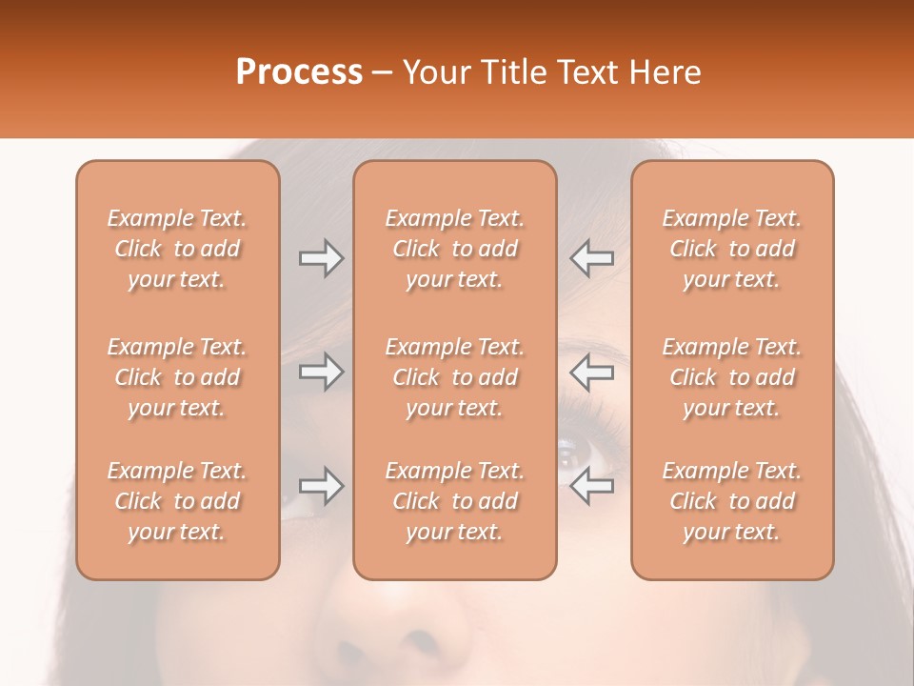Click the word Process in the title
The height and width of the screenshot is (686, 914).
tap(299, 72)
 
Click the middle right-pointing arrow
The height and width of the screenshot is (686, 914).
tap(321, 372)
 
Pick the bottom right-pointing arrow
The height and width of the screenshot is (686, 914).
tap(321, 486)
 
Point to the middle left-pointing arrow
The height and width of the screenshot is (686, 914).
tap(592, 372)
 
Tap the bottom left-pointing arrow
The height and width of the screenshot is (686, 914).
tap(592, 486)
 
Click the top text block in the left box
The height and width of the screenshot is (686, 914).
tap(177, 249)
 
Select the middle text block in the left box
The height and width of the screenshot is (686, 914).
tap(177, 377)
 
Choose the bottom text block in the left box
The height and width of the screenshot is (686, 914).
tap(177, 501)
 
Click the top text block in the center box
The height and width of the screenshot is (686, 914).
tap(455, 249)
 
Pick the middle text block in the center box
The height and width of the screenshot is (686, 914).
tap(455, 377)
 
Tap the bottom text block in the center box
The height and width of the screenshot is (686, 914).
tap(455, 501)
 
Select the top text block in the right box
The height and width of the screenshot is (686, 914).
tap(732, 249)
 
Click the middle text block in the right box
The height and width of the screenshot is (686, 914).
tap(732, 377)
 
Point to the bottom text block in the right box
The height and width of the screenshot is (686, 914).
tap(732, 501)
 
